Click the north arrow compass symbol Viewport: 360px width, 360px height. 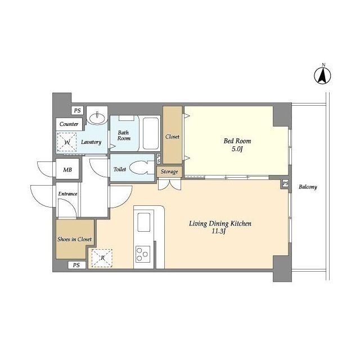(x=322, y=74)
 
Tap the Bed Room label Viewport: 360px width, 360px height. (x=237, y=141)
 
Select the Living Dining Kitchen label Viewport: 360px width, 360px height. (x=220, y=223)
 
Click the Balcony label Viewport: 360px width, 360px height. (x=308, y=187)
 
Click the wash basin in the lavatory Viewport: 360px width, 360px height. (x=98, y=118)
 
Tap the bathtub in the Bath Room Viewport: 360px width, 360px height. (x=151, y=133)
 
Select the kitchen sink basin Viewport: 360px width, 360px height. (x=144, y=222)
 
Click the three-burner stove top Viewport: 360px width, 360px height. (x=142, y=254)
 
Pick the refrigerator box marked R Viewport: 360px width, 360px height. (x=102, y=258)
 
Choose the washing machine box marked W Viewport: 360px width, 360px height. (x=67, y=142)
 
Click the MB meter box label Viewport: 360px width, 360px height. (x=67, y=170)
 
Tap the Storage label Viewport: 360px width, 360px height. (x=169, y=172)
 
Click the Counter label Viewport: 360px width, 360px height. (x=69, y=124)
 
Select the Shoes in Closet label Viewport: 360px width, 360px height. (x=74, y=239)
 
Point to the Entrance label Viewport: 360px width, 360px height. (x=67, y=193)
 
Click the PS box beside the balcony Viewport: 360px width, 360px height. (x=285, y=183)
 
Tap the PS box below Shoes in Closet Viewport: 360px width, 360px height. (x=76, y=265)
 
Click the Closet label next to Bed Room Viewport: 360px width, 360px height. (x=172, y=137)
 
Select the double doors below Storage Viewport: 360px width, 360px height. (x=169, y=184)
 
